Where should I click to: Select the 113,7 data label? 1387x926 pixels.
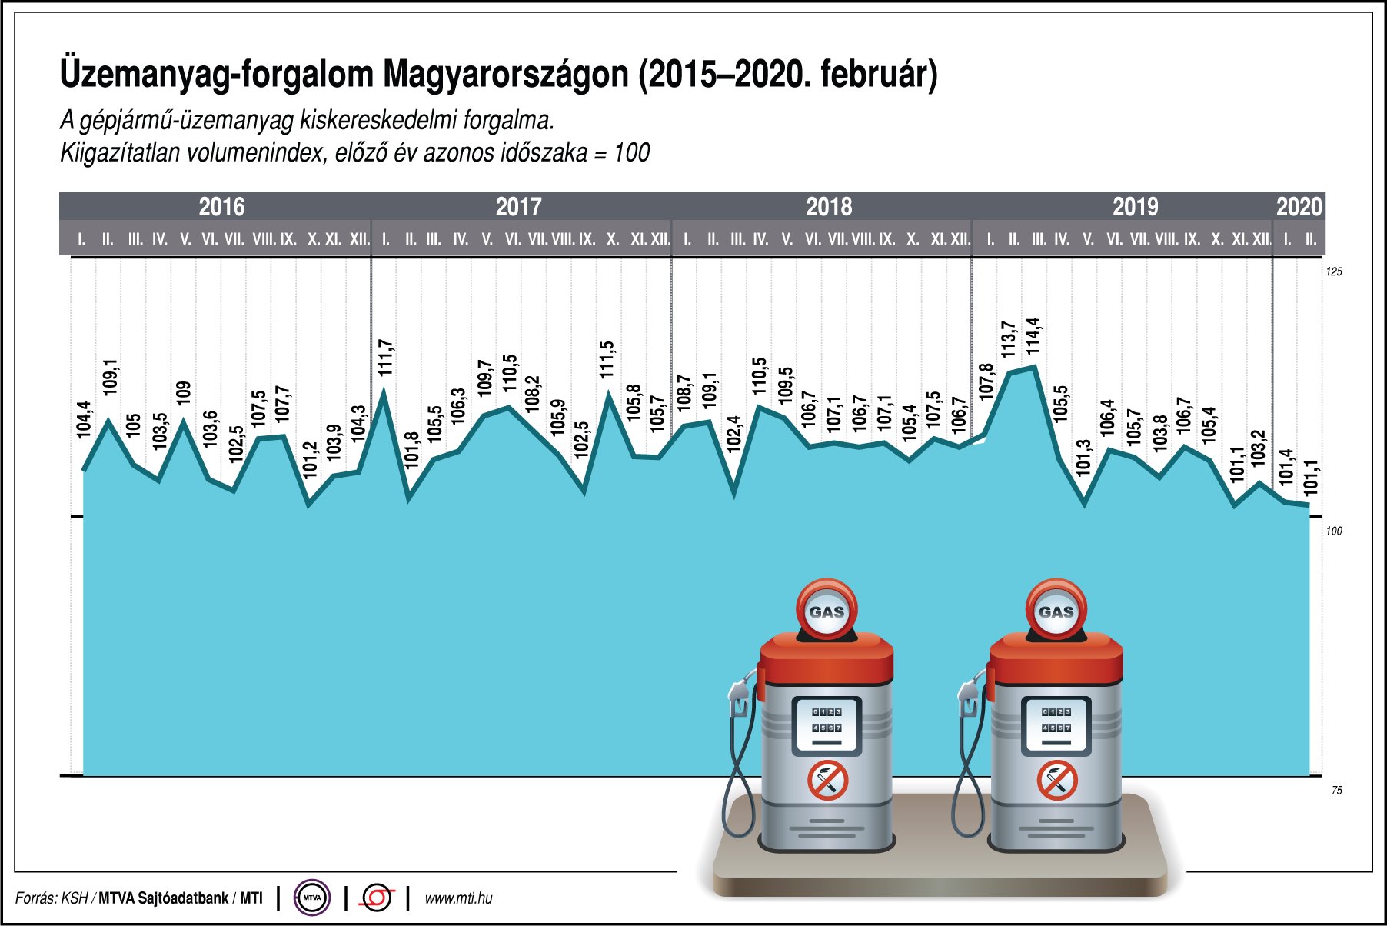[x=1008, y=339]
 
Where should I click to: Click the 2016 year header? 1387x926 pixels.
[x=221, y=207]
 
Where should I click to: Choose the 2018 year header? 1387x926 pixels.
[x=829, y=207]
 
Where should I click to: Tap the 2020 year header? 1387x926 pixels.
[x=1299, y=207]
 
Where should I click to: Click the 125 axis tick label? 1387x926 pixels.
[x=1334, y=271]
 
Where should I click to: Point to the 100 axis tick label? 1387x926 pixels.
[x=1334, y=531]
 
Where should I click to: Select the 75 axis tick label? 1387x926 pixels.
[x=1337, y=790]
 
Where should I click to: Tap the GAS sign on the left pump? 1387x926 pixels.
[x=827, y=612]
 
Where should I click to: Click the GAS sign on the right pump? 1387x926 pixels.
[x=1056, y=612]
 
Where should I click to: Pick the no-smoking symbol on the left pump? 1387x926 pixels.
[x=827, y=781]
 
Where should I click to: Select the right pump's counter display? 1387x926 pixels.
[x=1056, y=724]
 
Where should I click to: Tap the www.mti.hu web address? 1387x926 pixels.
[x=458, y=898]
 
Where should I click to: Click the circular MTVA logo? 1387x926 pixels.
[x=312, y=898]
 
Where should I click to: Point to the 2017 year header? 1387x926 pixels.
[x=518, y=207]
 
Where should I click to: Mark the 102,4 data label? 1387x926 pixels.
[x=734, y=432]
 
